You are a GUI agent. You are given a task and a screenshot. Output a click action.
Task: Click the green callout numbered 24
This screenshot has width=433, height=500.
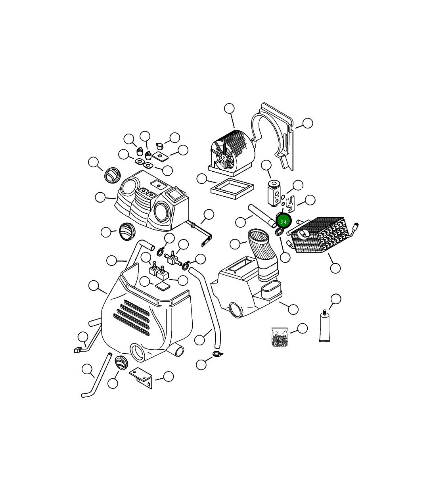(284, 222)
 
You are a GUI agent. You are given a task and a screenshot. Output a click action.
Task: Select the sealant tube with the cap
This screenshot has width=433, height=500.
(325, 327)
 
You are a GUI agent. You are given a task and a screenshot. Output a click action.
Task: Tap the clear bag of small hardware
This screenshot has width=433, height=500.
(280, 337)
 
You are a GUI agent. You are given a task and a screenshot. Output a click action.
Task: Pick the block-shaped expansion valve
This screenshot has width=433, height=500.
(274, 193)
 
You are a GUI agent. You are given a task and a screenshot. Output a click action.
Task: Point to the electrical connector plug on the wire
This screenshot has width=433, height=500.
(78, 350)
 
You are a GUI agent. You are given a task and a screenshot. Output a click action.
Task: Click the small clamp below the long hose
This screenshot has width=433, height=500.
(218, 353)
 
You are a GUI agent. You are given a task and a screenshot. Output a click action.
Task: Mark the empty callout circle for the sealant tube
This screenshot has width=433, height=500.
(336, 299)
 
